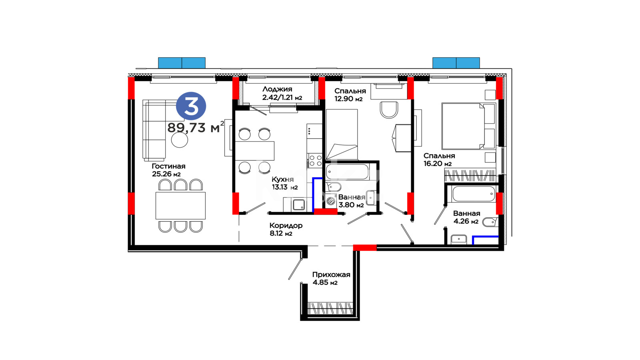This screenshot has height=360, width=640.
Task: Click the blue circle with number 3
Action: point(191,106)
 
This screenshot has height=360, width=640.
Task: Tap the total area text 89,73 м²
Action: point(196,127)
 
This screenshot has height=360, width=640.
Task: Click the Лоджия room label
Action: point(277,89)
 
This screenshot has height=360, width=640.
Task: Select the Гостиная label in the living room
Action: point(168,166)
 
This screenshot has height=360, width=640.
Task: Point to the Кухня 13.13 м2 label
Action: point(284,183)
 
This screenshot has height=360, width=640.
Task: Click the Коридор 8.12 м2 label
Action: point(286,230)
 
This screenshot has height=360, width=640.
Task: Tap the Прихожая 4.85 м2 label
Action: point(331,278)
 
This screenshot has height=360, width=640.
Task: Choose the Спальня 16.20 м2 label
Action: point(439,160)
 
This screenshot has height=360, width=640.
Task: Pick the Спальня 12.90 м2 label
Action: point(350,95)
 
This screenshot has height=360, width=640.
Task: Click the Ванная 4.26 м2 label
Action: point(466,217)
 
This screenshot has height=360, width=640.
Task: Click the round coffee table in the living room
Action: point(180,140)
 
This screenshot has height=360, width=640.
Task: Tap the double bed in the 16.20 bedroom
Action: point(468,126)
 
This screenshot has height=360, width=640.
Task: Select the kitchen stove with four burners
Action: point(315,160)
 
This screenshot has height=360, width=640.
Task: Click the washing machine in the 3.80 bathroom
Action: point(331,200)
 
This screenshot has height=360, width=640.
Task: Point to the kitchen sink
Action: point(299,204)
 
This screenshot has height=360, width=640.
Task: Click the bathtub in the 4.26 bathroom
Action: point(474,194)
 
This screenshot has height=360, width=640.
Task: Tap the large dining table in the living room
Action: point(180,206)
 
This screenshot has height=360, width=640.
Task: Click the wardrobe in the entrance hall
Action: point(330,308)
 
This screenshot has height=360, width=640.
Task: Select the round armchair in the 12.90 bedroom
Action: point(389,110)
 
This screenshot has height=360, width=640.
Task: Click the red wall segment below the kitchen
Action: point(326,212)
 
